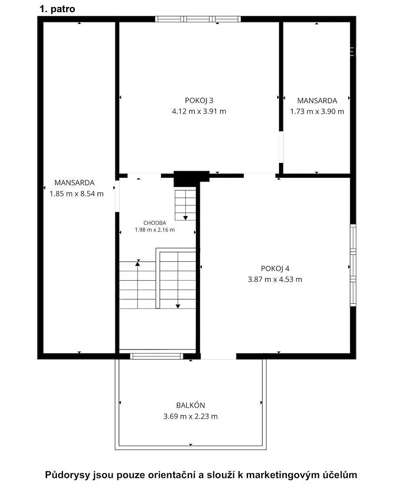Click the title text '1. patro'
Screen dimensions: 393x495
pyautogui.click(x=57, y=9)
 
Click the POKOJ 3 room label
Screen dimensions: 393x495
pyautogui.click(x=199, y=100)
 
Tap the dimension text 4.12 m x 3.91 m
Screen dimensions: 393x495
pyautogui.click(x=199, y=111)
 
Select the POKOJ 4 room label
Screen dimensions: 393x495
pyautogui.click(x=275, y=268)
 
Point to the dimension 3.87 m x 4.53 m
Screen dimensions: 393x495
pyautogui.click(x=275, y=279)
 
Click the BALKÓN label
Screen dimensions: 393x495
pyautogui.click(x=190, y=405)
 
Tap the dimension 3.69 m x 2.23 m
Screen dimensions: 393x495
pyautogui.click(x=190, y=416)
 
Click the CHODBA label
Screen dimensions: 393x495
pyautogui.click(x=155, y=223)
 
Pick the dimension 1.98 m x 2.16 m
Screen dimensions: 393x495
pyautogui.click(x=155, y=230)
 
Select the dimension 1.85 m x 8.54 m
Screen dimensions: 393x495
pyautogui.click(x=77, y=193)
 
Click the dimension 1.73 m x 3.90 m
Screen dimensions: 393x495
pyautogui.click(x=317, y=111)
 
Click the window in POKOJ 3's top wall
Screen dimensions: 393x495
pyautogui.click(x=198, y=19)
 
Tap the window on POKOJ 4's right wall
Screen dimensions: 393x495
pyautogui.click(x=353, y=265)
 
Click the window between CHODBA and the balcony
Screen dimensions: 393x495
pyautogui.click(x=157, y=356)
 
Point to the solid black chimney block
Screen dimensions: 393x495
pyautogui.click(x=191, y=178)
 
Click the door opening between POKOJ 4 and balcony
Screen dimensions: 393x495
pyautogui.click(x=218, y=356)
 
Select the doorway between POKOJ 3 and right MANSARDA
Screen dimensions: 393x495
pyautogui.click(x=281, y=147)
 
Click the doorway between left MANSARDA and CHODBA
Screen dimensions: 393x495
pyautogui.click(x=117, y=196)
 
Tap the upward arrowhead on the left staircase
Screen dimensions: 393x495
pyautogui.click(x=138, y=264)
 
